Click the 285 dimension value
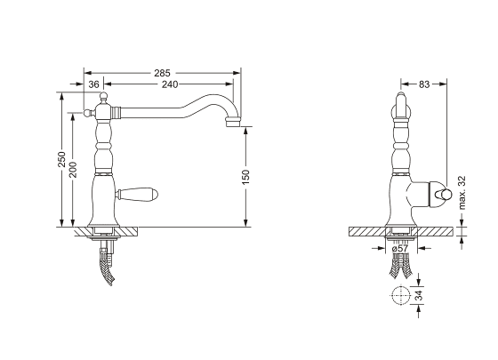coord(162,73)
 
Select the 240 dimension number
coord(170,84)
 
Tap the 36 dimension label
coord(93,84)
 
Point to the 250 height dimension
coord(61,159)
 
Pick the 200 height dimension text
coord(73,170)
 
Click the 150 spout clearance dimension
coord(246,177)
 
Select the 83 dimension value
coord(424,84)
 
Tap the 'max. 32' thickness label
coord(462,193)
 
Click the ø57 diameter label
coord(400,248)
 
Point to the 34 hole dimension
coord(419,295)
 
